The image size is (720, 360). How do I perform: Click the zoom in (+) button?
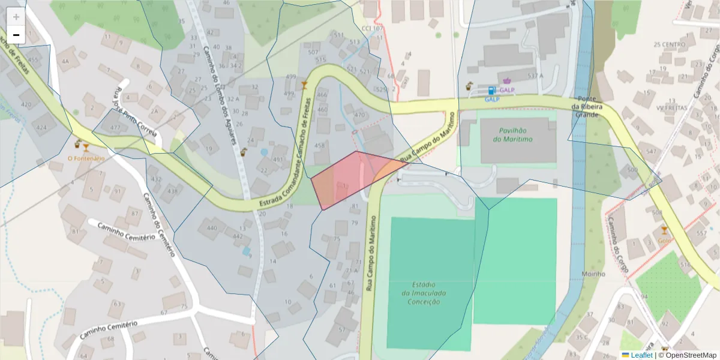[16, 17]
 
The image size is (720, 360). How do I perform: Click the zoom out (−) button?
[16, 35]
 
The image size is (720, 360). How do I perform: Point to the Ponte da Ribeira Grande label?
[587, 106]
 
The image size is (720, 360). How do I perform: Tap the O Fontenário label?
[86, 158]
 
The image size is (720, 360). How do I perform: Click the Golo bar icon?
[664, 230]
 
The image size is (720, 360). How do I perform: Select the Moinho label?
[593, 274]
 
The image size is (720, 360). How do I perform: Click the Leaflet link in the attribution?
[641, 355]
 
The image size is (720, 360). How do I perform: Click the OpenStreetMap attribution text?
[688, 355]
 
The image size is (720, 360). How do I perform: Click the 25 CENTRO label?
[669, 44]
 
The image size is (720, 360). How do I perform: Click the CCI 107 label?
[372, 28]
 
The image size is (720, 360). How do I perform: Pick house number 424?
[41, 128]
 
